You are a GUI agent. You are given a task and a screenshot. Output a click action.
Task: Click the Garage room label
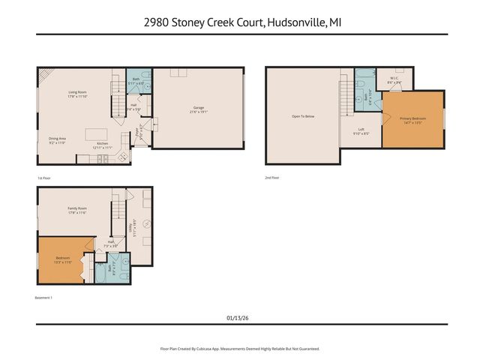point(199,108)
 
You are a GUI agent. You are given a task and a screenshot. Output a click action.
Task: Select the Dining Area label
point(58,139)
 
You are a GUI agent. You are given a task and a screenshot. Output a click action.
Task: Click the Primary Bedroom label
point(412,118)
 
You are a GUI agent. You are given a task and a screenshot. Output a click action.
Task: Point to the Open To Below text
point(303,116)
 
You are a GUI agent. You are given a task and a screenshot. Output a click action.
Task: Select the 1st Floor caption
point(44,178)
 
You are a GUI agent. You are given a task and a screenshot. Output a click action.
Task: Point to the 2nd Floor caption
point(271,178)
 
